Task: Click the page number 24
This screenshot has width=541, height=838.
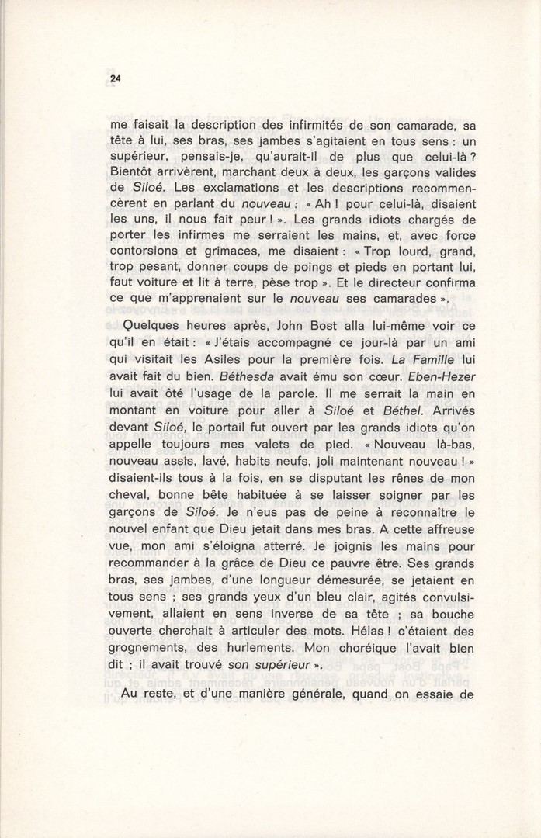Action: click(x=116, y=78)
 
